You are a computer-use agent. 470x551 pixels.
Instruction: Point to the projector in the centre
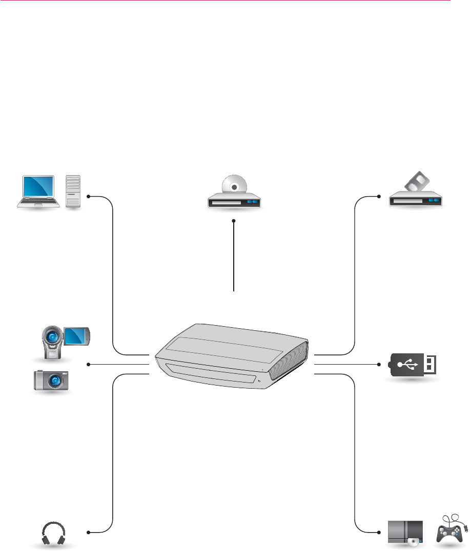[x=233, y=358]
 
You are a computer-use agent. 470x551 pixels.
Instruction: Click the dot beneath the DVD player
[x=234, y=221]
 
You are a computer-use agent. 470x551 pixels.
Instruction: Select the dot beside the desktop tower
[x=89, y=196]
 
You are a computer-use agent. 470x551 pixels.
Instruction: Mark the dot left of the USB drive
[x=379, y=365]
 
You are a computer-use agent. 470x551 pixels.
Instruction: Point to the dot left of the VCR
[x=379, y=196]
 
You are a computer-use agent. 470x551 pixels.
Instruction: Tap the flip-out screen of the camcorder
[x=77, y=335]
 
